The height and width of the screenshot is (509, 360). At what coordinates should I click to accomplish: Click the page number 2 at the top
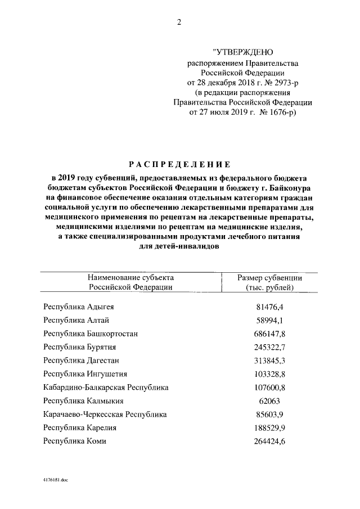179,22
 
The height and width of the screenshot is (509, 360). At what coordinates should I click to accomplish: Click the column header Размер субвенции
269,278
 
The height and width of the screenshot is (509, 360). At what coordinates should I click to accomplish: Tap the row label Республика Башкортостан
91,334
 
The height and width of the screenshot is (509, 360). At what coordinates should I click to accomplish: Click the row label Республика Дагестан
81,361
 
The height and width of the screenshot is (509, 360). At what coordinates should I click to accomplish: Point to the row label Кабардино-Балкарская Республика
106,388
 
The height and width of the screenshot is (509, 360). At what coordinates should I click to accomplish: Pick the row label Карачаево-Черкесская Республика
105,415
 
